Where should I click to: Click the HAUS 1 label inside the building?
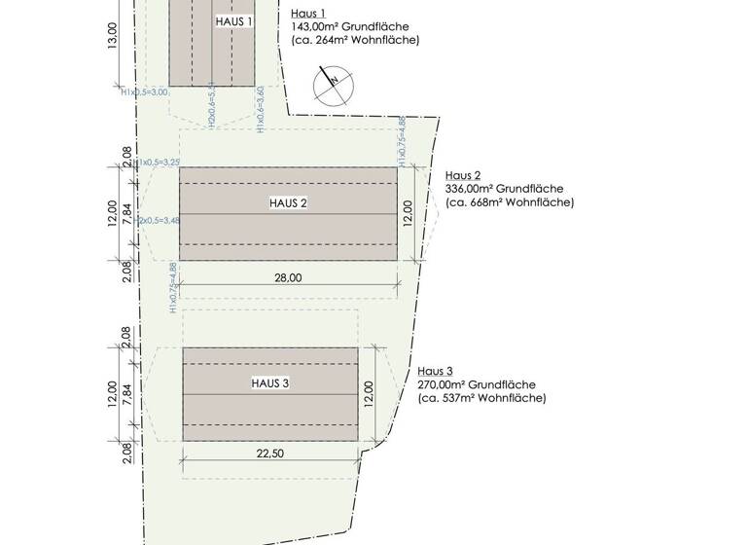[x=232, y=20]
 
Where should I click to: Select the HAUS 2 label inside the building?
[x=288, y=203]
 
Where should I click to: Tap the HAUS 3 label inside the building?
[x=270, y=383]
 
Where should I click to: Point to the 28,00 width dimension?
[x=289, y=278]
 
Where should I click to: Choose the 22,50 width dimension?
[x=270, y=452]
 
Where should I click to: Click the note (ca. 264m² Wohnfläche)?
[x=355, y=41]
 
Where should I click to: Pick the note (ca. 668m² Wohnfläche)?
[x=510, y=202]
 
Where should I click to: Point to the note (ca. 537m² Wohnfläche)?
[x=482, y=398]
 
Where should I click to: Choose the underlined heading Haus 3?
[x=435, y=371]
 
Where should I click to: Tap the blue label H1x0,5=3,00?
[x=145, y=92]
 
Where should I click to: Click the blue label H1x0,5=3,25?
[x=158, y=163]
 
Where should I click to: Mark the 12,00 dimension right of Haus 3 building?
[x=369, y=393]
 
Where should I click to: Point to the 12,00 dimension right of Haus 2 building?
[x=409, y=213]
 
